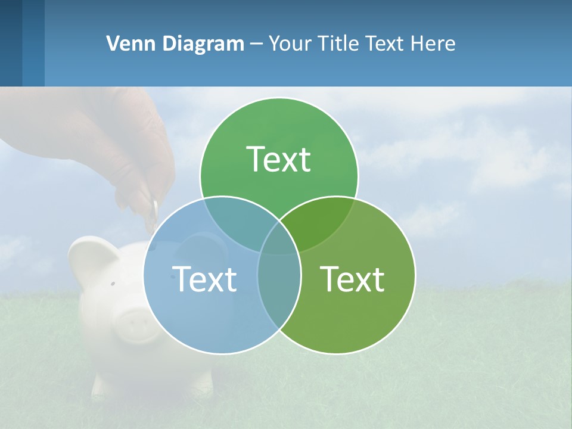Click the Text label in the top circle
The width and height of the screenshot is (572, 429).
pos(279,159)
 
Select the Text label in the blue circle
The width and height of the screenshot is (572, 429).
pos(204,279)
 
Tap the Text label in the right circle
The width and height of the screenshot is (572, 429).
pos(353,279)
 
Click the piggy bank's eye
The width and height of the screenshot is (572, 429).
pos(112,284)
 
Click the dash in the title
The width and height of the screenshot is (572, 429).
pos(256,44)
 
